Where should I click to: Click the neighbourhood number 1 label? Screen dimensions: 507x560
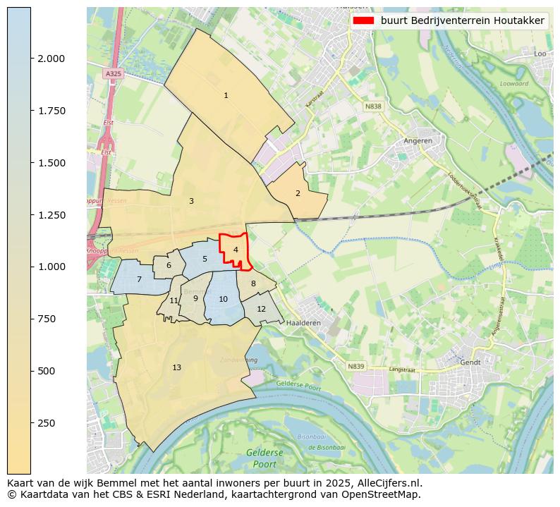[226, 95]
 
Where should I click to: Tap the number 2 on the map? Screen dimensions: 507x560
[298, 193]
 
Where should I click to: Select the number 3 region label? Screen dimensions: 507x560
[191, 201]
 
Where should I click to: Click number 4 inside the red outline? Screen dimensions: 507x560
[236, 250]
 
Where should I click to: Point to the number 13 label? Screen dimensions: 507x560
[176, 367]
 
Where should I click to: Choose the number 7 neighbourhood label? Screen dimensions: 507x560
[139, 279]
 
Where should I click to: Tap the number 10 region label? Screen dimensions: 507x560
[223, 299]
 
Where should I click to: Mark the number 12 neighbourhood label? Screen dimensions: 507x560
[261, 309]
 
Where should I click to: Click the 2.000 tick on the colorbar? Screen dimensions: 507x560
[51, 59]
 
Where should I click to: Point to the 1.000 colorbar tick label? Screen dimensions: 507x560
[51, 267]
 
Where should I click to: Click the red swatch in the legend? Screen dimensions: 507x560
[363, 21]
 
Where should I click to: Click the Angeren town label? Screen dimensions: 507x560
[418, 140]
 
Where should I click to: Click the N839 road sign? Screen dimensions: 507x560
[356, 366]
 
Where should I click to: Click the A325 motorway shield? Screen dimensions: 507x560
[113, 73]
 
